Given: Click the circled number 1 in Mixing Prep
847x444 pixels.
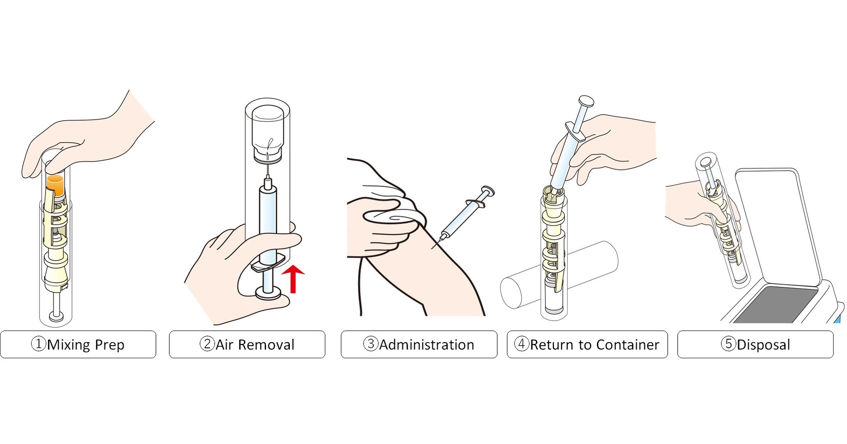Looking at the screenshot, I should (39, 344).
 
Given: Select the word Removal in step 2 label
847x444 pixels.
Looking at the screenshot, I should (266, 345).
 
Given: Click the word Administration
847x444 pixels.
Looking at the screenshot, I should (426, 345).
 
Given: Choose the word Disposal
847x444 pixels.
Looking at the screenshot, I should (763, 345).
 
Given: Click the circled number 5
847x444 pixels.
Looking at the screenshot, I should (728, 344).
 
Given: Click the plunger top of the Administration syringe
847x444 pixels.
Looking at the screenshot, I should (488, 191).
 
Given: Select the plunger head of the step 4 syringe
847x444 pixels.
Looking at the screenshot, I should (586, 102).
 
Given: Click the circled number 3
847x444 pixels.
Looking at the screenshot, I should (370, 344).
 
